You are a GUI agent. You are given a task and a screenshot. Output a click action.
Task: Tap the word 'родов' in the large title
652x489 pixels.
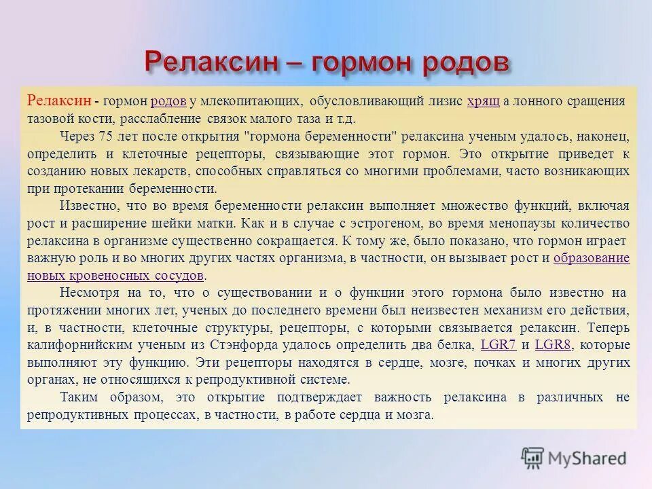pos(466,62)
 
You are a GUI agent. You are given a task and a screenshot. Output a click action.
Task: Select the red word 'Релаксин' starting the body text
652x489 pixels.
pos(59,101)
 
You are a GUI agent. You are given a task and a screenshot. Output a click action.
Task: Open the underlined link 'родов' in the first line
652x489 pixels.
pos(168,101)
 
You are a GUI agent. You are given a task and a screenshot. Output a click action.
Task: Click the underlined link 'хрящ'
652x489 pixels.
pos(484,101)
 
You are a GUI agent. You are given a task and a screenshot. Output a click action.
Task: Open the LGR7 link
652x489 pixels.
pos(499,344)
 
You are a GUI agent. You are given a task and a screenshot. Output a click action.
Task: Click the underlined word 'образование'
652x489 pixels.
pos(592,258)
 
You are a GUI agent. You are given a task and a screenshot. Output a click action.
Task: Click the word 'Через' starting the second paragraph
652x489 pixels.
pos(76,136)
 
